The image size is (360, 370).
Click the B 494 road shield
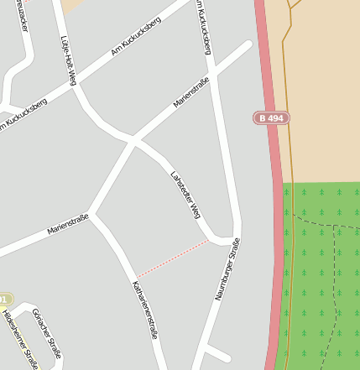tap(271, 118)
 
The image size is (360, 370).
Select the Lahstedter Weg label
tap(184, 192)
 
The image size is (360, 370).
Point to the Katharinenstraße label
tap(145, 310)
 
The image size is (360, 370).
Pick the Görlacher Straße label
tap(46, 332)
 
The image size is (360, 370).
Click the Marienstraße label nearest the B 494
tap(190, 92)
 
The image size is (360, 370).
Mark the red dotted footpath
tap(172, 258)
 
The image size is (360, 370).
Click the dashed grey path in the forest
tap(334, 277)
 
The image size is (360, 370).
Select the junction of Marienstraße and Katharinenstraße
tap(92, 215)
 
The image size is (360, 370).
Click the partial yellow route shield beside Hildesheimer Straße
tap(5, 300)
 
